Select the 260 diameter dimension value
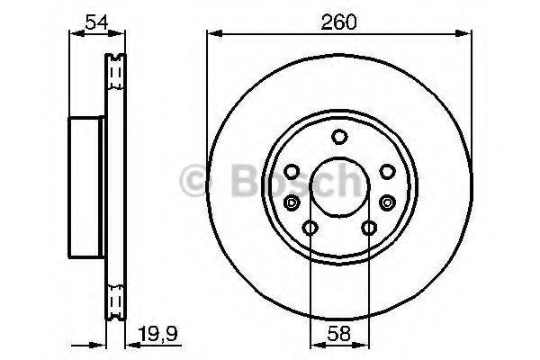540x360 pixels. (337, 21)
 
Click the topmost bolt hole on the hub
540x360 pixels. (339, 137)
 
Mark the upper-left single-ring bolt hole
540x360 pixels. (292, 171)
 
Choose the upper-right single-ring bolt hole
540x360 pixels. (386, 171)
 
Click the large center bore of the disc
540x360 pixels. (339, 188)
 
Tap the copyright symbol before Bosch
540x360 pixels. (193, 181)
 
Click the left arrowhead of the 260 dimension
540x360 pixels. (213, 34)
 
